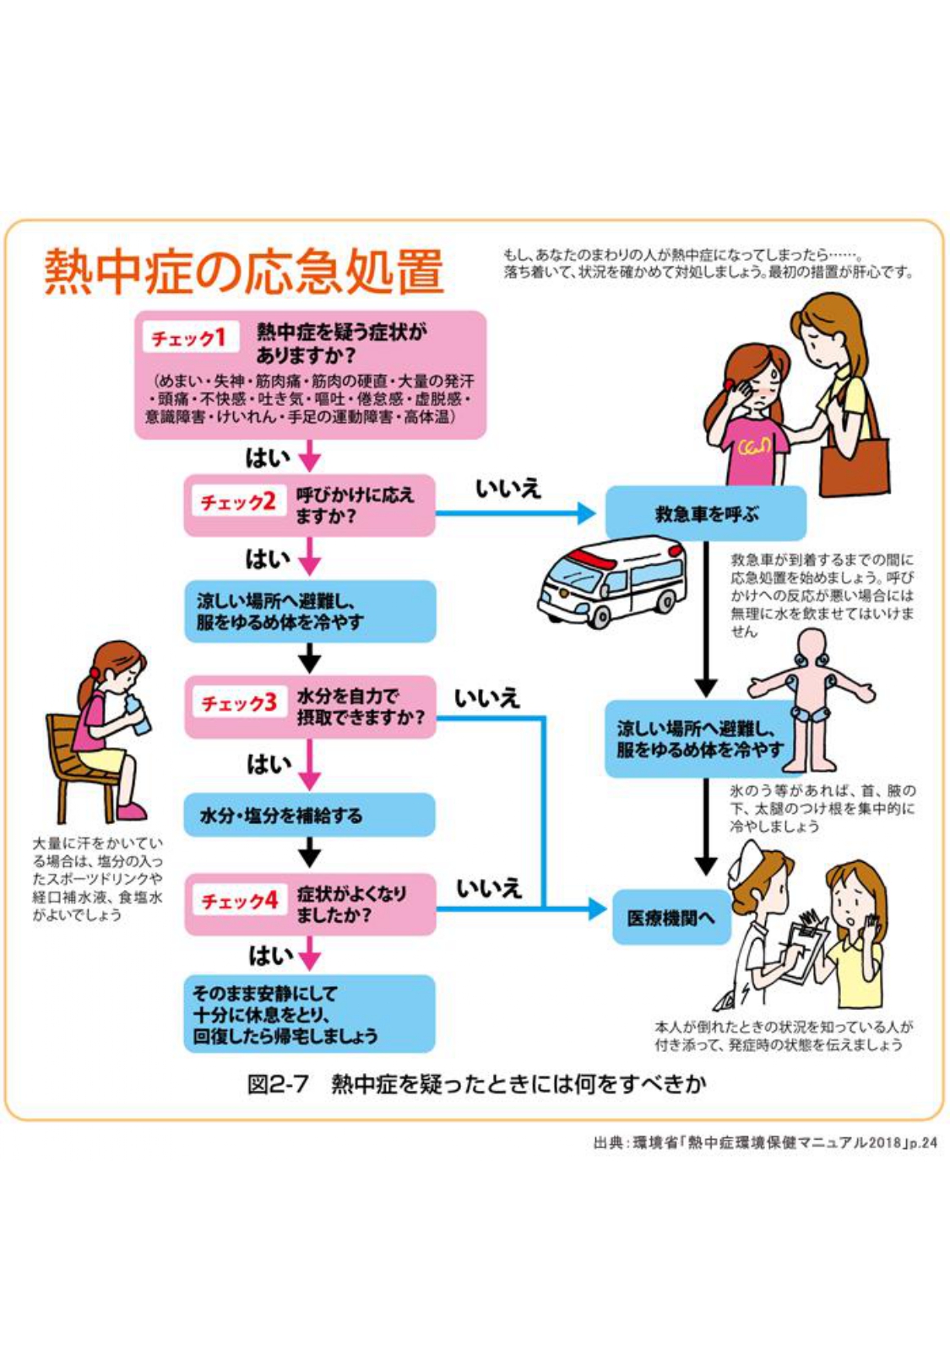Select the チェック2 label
click(237, 502)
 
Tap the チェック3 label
click(238, 703)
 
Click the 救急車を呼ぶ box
click(706, 513)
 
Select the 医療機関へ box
click(670, 917)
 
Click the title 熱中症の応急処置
click(244, 272)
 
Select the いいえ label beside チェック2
click(508, 489)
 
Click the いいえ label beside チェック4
click(489, 888)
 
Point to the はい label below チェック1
click(267, 458)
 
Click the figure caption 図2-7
click(278, 1084)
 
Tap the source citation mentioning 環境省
click(764, 1143)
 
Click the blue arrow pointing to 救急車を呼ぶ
click(515, 512)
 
